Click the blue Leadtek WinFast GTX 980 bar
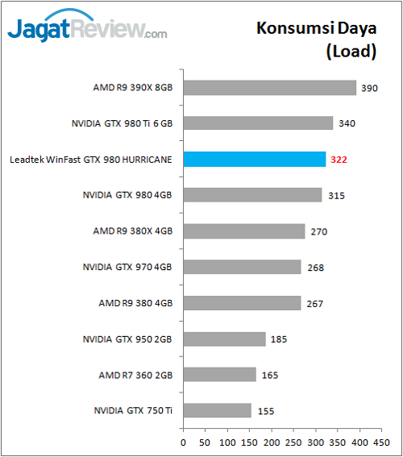pos(255,159)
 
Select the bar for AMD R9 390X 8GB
pos(270,87)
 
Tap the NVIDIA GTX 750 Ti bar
pos(218,410)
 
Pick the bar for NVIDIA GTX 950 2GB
pos(224,339)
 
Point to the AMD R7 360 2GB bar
pos(220,374)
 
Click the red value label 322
pos(339,160)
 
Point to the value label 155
pos(265,411)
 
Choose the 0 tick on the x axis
pos(184,442)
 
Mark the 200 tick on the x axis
pos(270,442)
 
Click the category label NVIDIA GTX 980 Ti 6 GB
pos(123,123)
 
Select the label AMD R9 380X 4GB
pos(133,231)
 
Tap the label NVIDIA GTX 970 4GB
pos(127,267)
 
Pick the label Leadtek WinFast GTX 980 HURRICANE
pos(90,160)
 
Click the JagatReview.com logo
pos(88,31)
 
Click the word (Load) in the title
pos(351,52)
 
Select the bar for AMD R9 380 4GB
pos(242,303)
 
